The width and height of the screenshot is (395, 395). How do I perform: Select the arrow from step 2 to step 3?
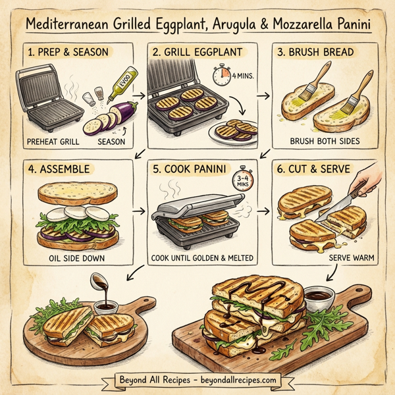pos(263,95)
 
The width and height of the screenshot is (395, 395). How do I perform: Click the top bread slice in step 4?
pos(78,192)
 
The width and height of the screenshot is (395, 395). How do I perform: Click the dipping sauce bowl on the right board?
pos(320,296)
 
